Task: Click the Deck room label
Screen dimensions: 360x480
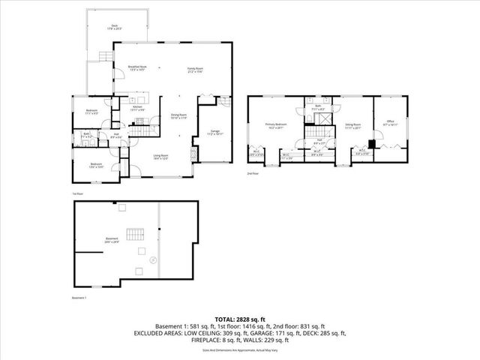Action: pyautogui.click(x=115, y=26)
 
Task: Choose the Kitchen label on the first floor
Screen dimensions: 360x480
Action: pyautogui.click(x=137, y=108)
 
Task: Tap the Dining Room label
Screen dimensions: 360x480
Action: pyautogui.click(x=178, y=116)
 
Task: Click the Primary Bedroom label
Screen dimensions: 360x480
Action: pyautogui.click(x=275, y=124)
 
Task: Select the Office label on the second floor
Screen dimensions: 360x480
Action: pyautogui.click(x=390, y=123)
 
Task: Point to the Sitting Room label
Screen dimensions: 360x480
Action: pyautogui.click(x=352, y=127)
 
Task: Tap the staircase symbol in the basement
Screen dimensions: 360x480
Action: pyautogui.click(x=134, y=235)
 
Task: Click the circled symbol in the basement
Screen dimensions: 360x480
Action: pyautogui.click(x=154, y=260)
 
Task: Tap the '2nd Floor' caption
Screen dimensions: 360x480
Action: pyautogui.click(x=253, y=174)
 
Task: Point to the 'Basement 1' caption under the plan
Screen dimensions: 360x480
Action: pyautogui.click(x=79, y=297)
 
